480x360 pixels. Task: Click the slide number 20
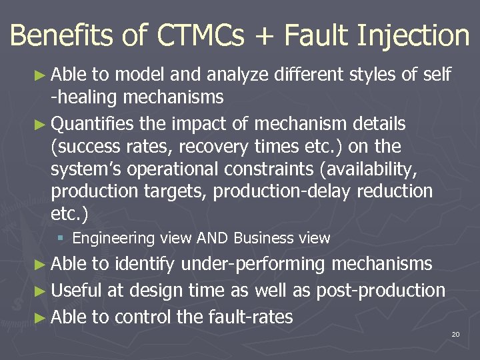coord(455,333)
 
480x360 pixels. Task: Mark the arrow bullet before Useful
coord(41,291)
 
